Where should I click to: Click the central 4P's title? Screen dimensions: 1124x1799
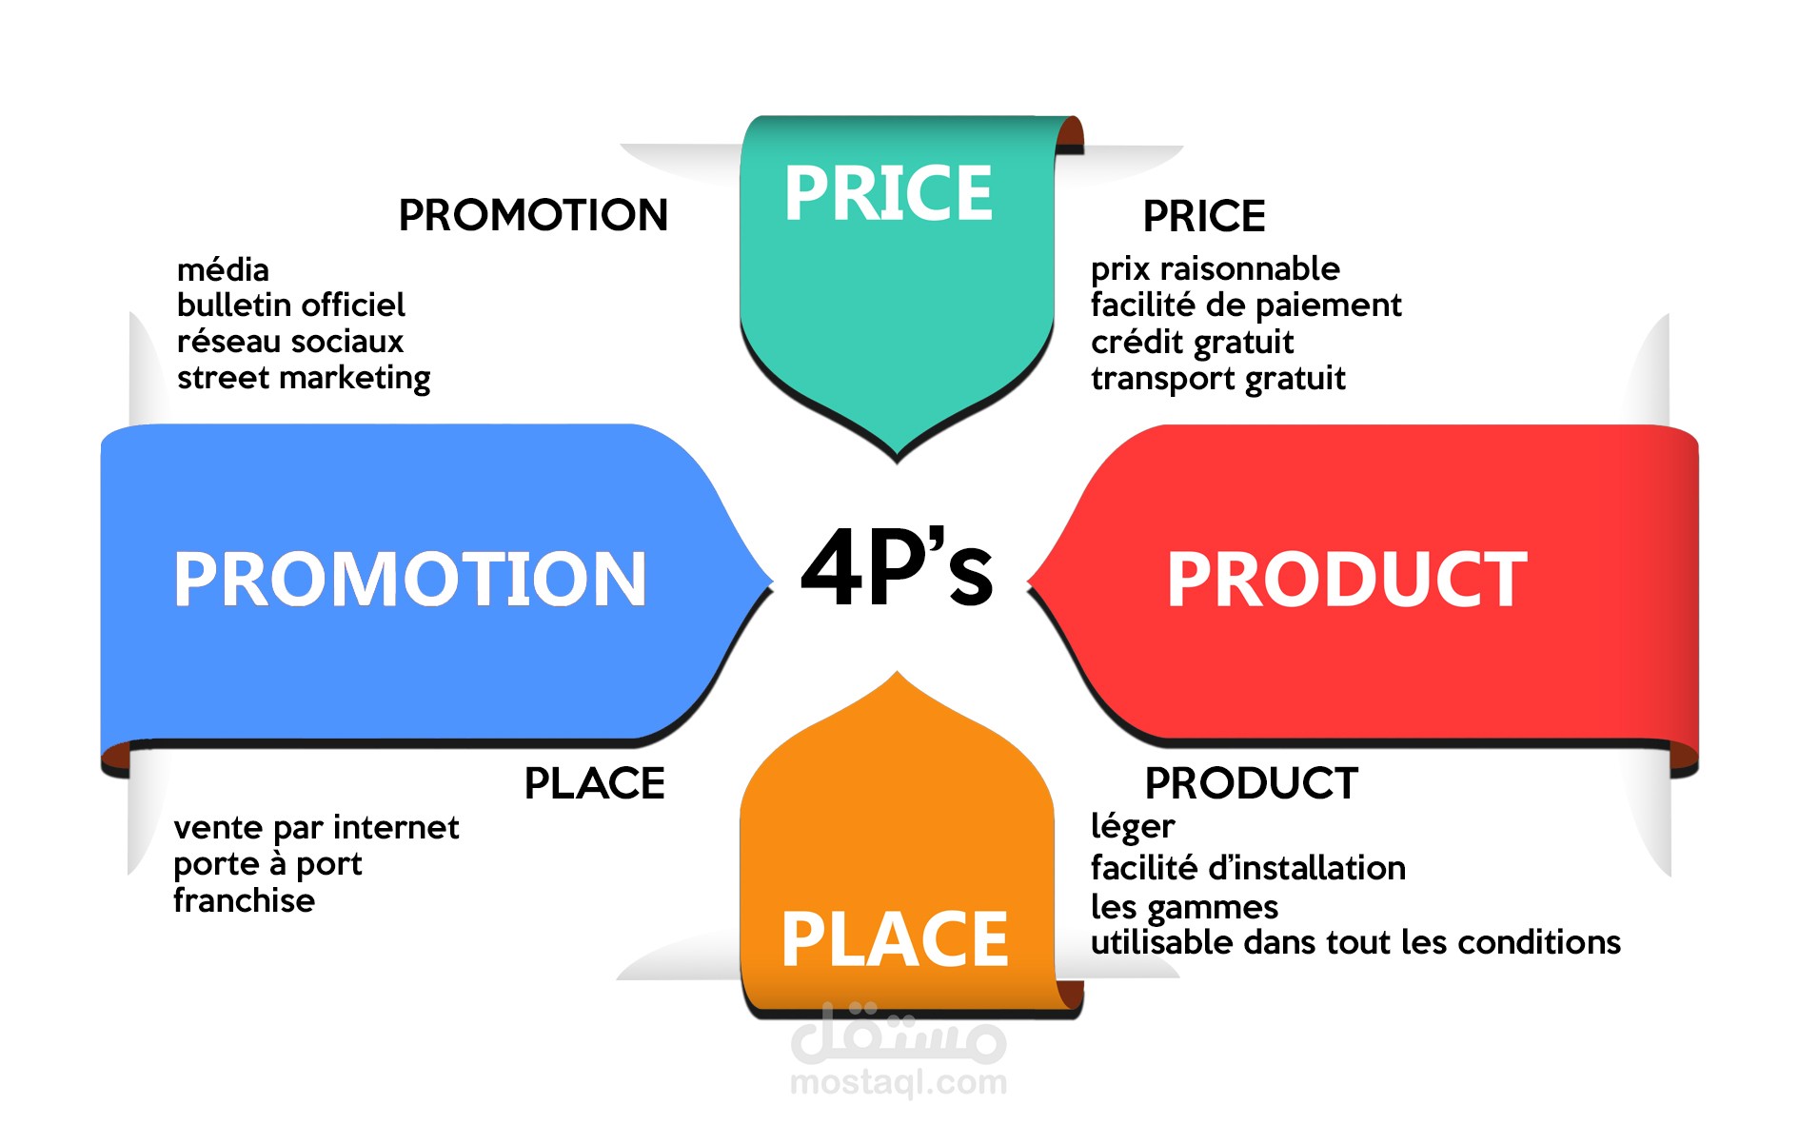(897, 569)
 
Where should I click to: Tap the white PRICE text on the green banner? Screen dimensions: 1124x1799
(888, 194)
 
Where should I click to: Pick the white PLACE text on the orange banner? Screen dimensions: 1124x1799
(894, 939)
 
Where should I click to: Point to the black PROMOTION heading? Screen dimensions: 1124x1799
(533, 215)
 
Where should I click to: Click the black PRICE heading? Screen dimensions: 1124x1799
(1203, 216)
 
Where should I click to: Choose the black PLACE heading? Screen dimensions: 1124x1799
(594, 783)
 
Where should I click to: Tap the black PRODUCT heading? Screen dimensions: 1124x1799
(1251, 783)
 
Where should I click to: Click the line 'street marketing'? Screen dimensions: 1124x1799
(304, 378)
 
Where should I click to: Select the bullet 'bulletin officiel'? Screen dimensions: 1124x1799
(290, 305)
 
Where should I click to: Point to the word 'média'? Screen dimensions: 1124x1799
(223, 269)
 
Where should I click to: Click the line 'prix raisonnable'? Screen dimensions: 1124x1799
(1215, 269)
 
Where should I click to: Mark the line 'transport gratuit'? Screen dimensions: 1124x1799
(1217, 379)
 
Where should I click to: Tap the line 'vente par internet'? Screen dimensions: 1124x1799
(316, 828)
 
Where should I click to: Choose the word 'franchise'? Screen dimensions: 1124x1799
(244, 900)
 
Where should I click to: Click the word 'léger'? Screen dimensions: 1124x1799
(1133, 827)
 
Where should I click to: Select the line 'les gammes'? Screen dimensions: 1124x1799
(1184, 907)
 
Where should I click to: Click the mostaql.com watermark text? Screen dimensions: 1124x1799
(898, 1082)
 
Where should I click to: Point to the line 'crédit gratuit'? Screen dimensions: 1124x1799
(1192, 342)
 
